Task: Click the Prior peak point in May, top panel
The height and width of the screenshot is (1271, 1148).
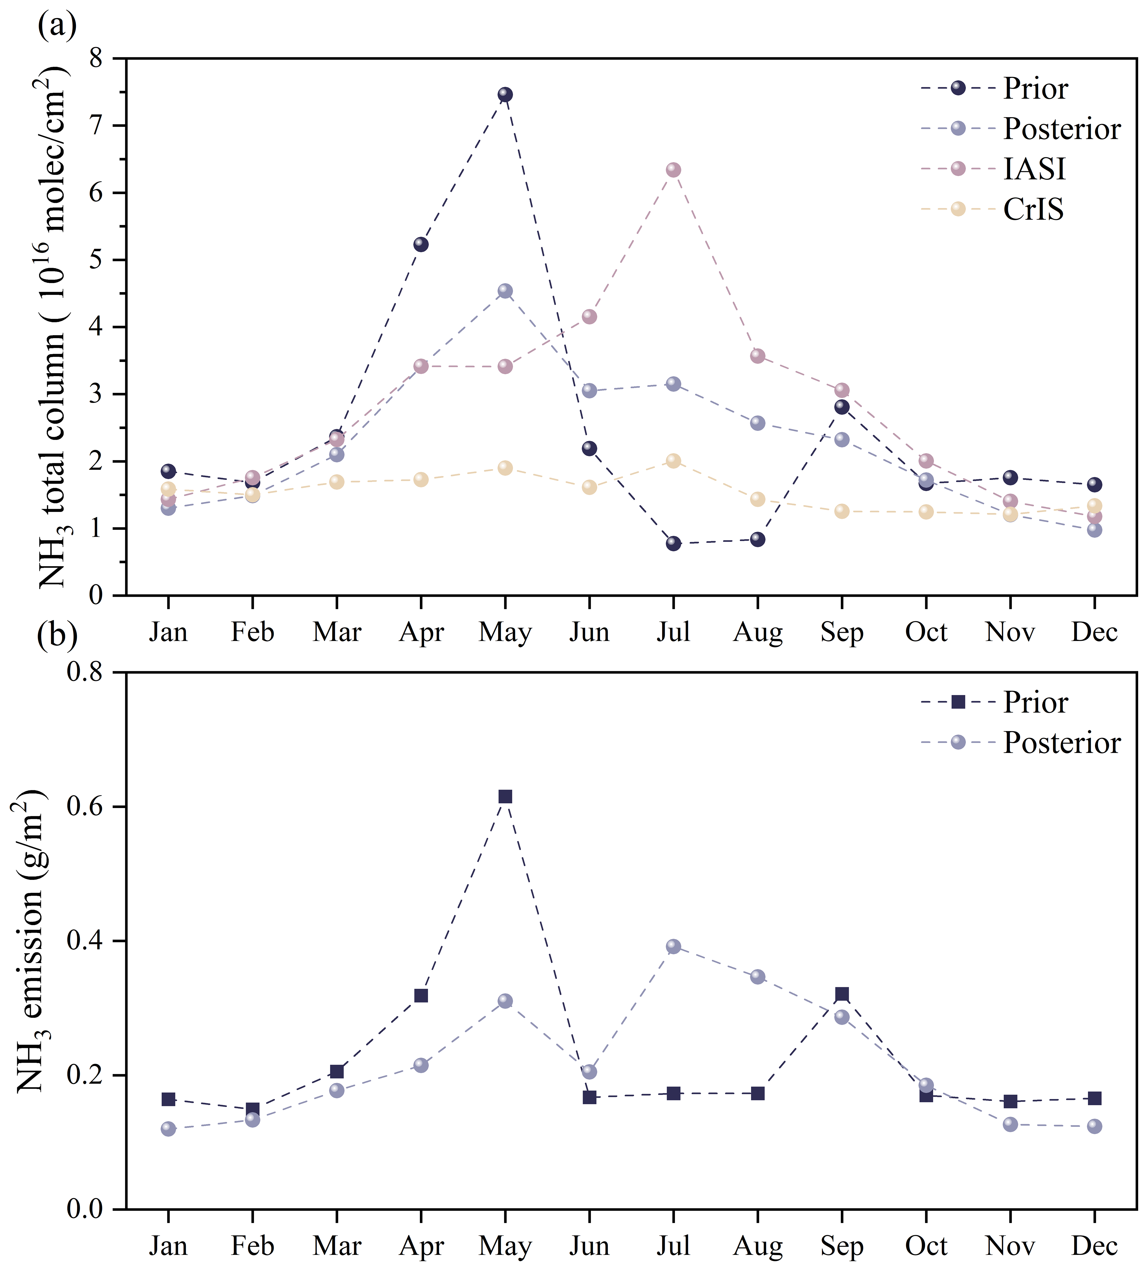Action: click(505, 94)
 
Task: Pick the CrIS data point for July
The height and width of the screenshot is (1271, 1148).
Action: click(673, 461)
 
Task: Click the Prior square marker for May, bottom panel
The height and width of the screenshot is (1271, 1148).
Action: click(505, 796)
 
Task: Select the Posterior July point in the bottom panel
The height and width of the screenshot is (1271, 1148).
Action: click(673, 946)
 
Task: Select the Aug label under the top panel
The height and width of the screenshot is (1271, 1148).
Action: click(758, 632)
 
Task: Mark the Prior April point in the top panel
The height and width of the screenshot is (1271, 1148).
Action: click(421, 244)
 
